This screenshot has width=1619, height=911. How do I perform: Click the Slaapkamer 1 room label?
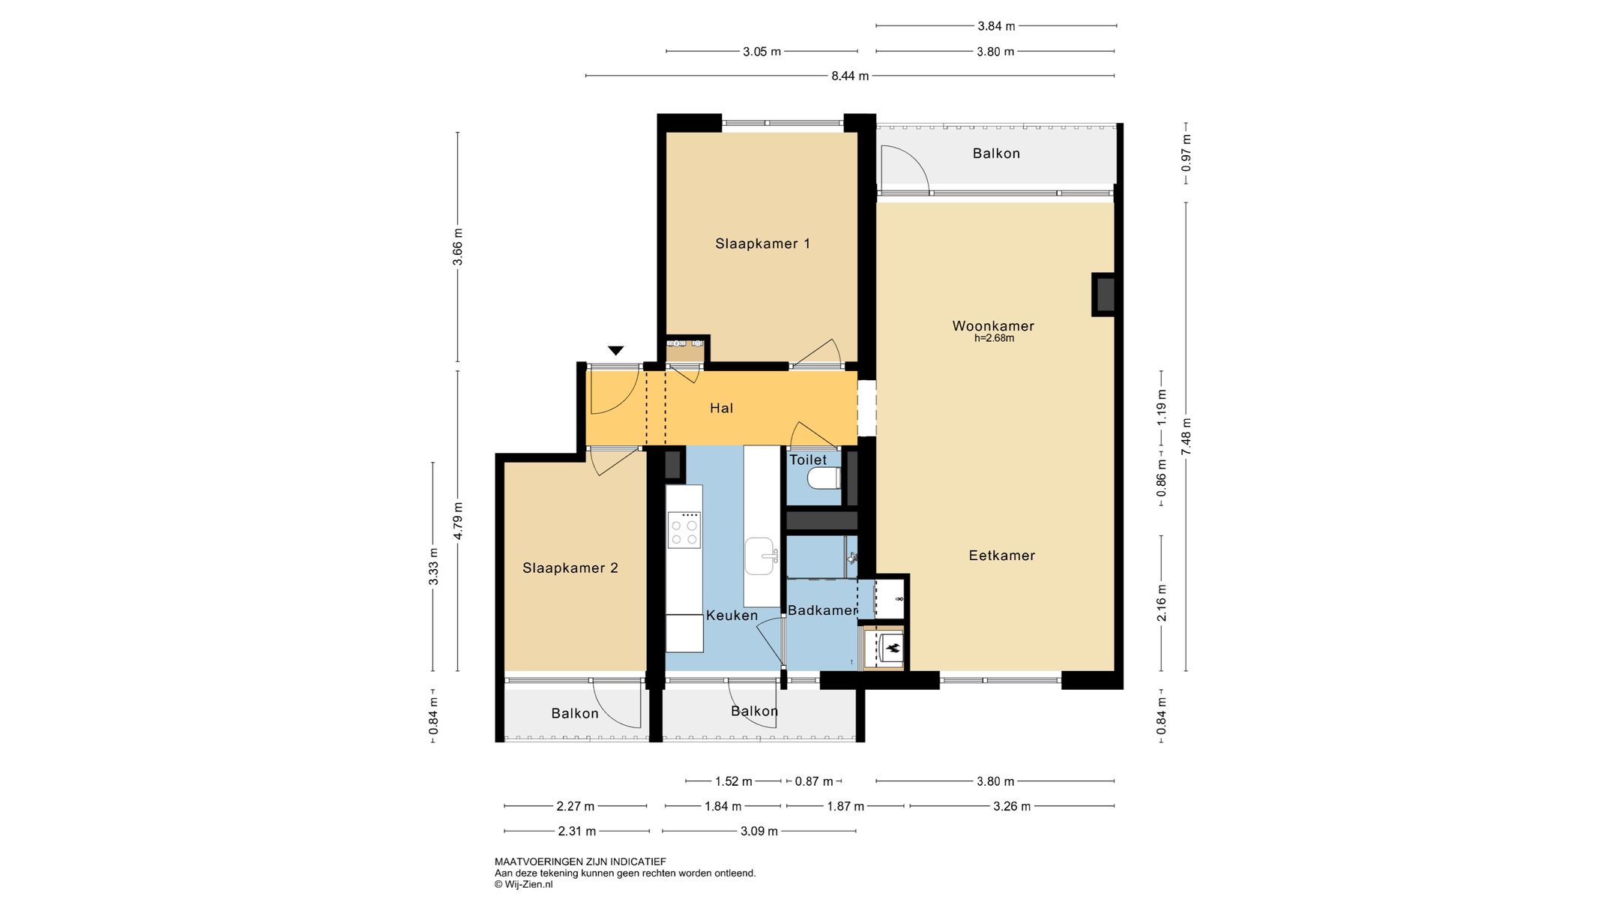tap(762, 244)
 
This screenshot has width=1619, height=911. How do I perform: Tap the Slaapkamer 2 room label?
tap(570, 568)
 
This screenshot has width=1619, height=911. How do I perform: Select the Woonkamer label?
tap(993, 326)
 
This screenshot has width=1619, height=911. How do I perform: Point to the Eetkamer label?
tap(1002, 556)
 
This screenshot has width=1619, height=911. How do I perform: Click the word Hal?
tap(722, 409)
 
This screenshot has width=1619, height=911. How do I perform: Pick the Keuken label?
tap(732, 616)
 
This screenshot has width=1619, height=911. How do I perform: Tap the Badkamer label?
tap(822, 610)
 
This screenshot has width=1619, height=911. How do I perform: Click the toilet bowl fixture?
tap(824, 478)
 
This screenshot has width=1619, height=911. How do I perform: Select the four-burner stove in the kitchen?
tap(684, 529)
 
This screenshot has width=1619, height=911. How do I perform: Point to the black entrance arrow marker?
tap(616, 350)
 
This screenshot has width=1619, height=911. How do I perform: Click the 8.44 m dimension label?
tap(850, 76)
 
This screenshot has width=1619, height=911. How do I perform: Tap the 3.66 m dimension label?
tap(458, 247)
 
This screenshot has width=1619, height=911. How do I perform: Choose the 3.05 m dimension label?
tap(762, 52)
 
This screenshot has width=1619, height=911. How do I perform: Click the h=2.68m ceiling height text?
tap(994, 338)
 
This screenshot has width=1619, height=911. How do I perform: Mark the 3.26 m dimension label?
tap(1012, 807)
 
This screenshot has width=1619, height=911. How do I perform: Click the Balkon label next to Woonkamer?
tap(996, 154)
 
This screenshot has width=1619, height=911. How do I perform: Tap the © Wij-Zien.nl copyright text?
tap(523, 885)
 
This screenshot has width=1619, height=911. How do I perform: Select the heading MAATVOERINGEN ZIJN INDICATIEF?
tap(580, 862)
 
